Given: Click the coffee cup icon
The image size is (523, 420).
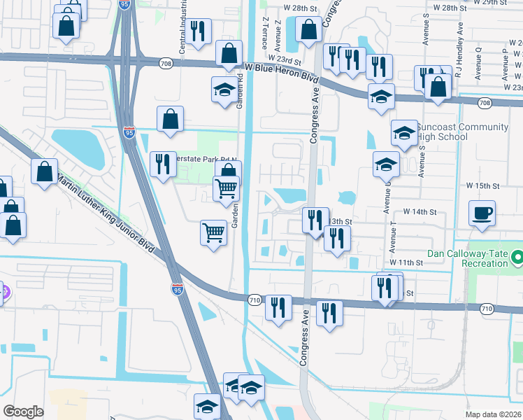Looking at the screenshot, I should tap(482, 213).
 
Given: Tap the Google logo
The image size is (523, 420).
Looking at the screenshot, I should tap(23, 412).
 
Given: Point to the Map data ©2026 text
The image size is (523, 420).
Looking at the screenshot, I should tap(492, 414).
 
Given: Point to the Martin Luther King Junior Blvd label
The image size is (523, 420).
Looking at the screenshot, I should tap(105, 210).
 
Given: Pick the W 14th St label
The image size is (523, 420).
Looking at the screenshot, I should tap(420, 211).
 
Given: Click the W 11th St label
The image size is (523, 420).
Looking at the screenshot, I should tap(407, 262).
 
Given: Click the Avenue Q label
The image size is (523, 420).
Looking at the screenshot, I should tap(479, 59).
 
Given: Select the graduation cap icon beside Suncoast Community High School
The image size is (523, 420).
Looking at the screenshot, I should tap(404, 133).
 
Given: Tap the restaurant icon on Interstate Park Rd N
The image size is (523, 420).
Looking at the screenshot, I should tap(163, 164).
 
